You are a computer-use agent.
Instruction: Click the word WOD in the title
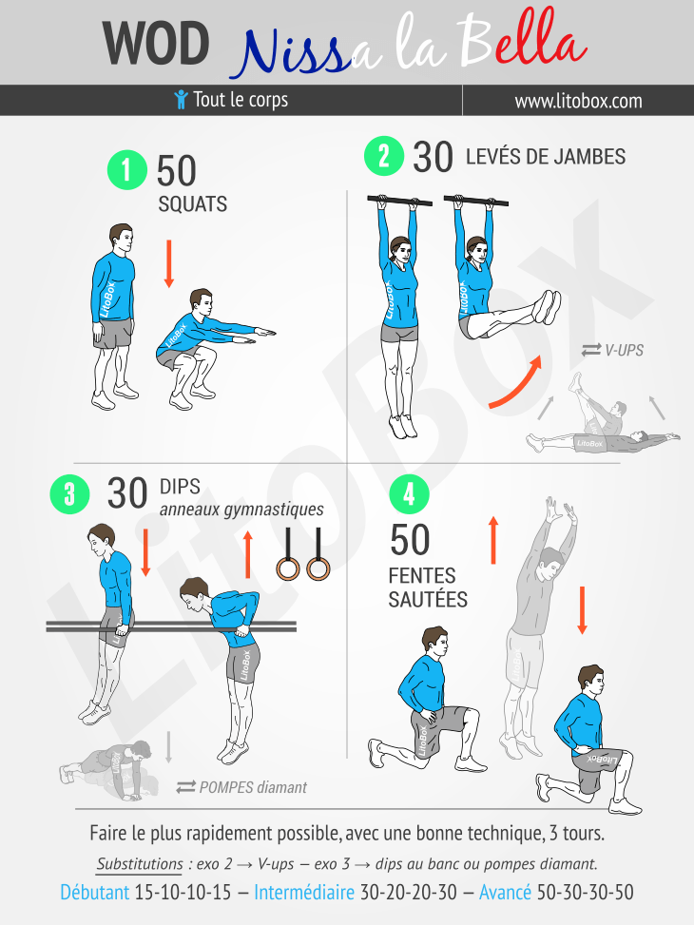click(x=156, y=43)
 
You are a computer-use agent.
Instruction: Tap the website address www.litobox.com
click(x=578, y=101)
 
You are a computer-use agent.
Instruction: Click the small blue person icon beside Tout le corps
click(x=182, y=99)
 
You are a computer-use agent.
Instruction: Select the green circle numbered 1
click(x=126, y=170)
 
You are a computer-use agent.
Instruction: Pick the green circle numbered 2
click(x=383, y=156)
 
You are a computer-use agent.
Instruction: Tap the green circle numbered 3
click(x=69, y=493)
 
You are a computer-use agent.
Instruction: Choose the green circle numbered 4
click(x=409, y=493)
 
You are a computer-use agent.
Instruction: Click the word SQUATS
click(x=192, y=204)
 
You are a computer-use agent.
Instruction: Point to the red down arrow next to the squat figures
click(x=169, y=263)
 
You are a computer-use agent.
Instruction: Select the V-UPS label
click(x=612, y=351)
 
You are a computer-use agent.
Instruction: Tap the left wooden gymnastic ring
click(x=288, y=569)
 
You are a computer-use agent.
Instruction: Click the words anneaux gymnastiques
click(x=241, y=510)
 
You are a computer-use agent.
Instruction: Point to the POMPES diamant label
click(x=242, y=787)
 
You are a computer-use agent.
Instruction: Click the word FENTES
click(x=422, y=576)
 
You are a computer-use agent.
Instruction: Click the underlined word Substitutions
click(x=140, y=864)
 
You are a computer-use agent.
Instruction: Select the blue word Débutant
click(x=94, y=892)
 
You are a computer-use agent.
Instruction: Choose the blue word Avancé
click(x=505, y=892)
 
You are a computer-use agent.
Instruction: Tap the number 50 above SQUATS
click(x=176, y=171)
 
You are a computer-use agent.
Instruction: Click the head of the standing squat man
click(x=121, y=238)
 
